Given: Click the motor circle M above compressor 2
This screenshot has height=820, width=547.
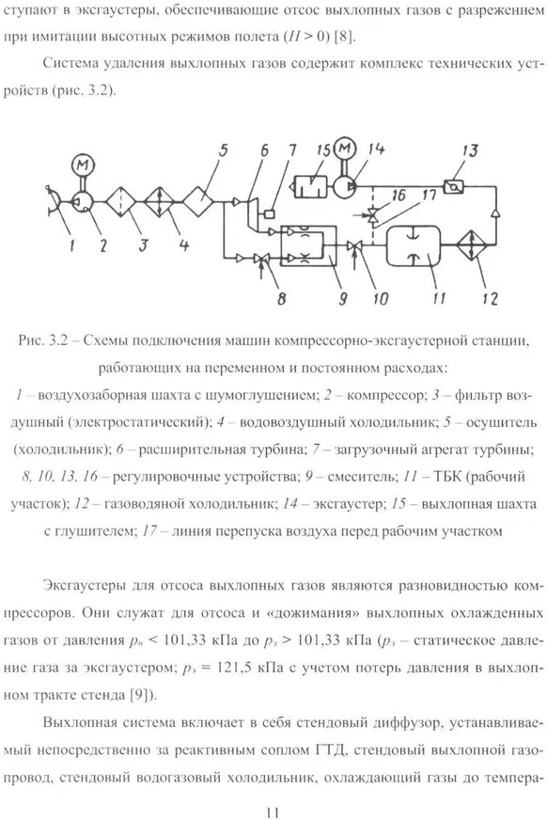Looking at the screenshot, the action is tap(82, 166).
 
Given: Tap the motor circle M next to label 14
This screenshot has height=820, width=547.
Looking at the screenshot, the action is tap(344, 149).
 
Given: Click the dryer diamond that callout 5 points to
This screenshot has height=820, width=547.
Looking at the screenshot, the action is tap(197, 201).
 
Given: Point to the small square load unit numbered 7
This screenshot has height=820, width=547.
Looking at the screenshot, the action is tap(270, 213).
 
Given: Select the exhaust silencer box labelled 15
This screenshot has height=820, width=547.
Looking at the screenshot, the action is tap(310, 187).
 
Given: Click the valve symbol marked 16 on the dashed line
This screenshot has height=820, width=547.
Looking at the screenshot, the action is tap(373, 215).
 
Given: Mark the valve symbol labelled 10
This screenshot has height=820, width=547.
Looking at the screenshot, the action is tap(355, 245).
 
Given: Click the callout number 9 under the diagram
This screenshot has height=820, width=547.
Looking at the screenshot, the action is tap(343, 298).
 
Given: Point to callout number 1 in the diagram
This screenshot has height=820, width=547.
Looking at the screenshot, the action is tap(71, 244).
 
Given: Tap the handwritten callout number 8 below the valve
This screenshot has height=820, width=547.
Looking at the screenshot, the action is tap(281, 298).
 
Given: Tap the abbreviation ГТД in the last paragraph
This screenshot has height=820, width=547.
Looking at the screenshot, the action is tap(331, 749).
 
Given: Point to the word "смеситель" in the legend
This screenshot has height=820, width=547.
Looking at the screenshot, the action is tap(363, 477).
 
